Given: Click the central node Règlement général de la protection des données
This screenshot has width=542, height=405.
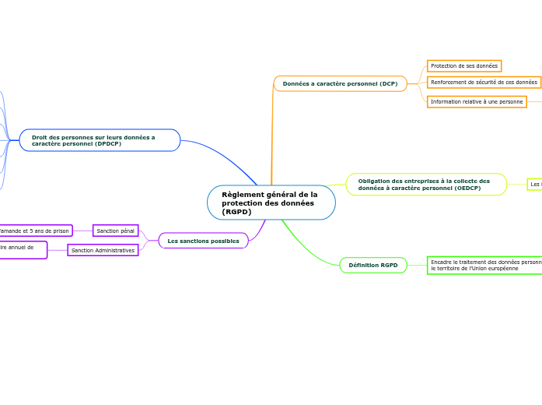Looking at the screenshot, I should point(271,202).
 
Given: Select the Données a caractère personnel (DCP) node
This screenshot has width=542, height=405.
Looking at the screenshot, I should point(340,83).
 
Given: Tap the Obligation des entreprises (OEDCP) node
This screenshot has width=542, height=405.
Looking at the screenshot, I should point(425,185).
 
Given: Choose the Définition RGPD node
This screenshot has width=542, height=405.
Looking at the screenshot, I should point(373,266).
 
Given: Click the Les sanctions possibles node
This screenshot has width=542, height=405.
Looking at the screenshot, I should point(203,241).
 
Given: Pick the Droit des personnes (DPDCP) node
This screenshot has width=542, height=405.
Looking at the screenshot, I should point(100,140).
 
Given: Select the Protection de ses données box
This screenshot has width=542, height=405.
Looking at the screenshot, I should point(463,66).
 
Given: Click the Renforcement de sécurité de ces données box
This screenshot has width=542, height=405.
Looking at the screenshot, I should point(484,82).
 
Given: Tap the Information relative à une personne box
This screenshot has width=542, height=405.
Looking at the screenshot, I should point(477,101).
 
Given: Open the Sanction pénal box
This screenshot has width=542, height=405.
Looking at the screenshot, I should point(115,231).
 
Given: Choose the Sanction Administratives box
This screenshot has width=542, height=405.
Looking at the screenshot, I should point(103,250).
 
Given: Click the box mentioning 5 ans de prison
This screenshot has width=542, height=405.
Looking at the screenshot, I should point(35,231).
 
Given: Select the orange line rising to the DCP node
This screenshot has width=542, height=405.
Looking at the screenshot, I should point(271,132).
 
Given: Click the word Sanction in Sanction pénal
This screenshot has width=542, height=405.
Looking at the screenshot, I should point(108,231).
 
